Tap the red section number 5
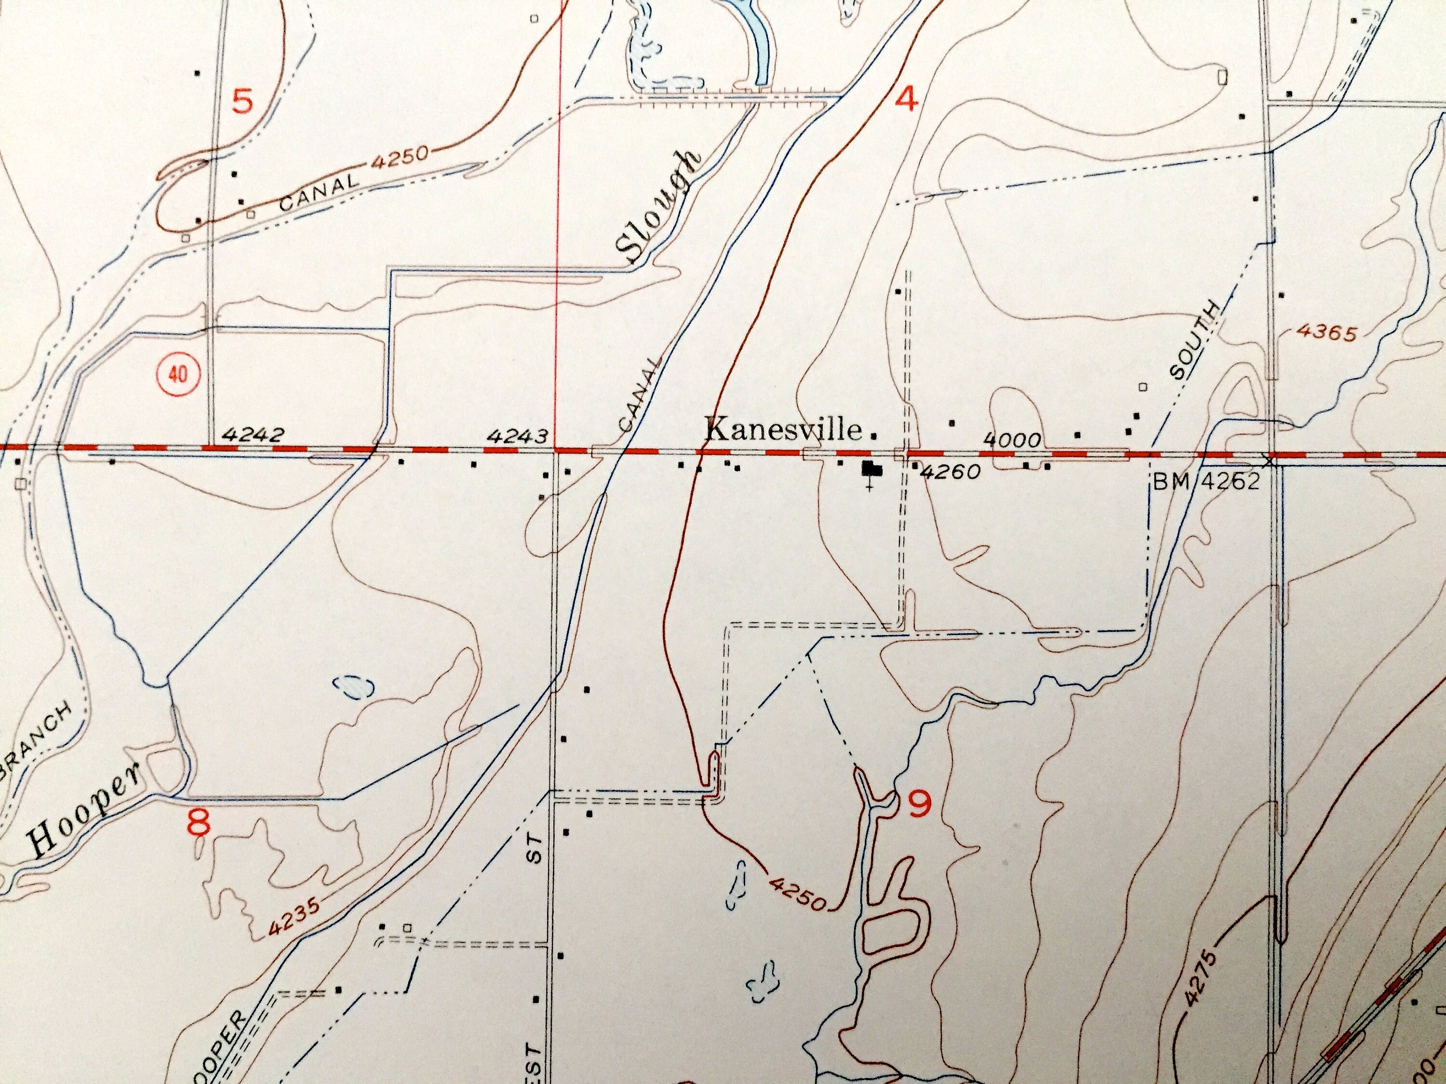(242, 103)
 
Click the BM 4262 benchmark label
(1205, 482)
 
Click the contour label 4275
(1202, 980)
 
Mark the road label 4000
(1012, 440)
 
